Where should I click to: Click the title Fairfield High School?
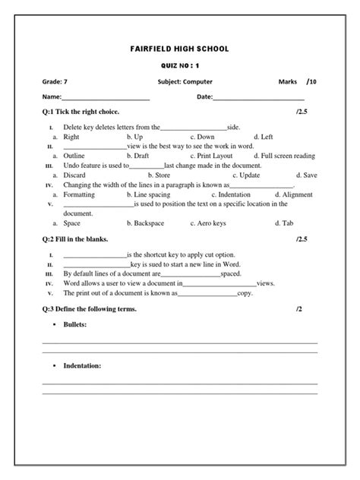(x=179, y=49)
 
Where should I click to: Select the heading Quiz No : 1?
(x=179, y=66)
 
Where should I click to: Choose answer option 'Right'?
(x=71, y=137)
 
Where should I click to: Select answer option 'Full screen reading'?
(x=292, y=156)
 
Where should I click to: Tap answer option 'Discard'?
(x=74, y=175)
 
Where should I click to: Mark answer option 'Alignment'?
(x=297, y=194)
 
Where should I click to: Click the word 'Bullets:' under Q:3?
(x=74, y=325)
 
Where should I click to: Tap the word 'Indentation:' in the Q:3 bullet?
(x=82, y=365)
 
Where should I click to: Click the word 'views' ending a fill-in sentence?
(x=265, y=282)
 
